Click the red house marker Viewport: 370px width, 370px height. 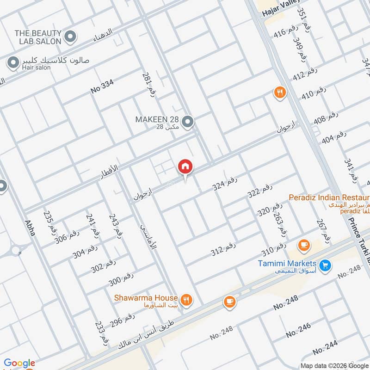(x=185, y=166)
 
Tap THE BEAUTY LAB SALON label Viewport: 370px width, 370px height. (x=38, y=37)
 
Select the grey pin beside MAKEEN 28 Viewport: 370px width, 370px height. (x=187, y=122)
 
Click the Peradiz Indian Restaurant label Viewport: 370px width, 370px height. (x=328, y=197)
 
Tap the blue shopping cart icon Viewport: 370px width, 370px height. (x=325, y=265)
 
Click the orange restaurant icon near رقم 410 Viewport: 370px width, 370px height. (x=279, y=92)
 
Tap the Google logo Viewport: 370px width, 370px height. (x=19, y=364)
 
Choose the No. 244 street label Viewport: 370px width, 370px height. (x=324, y=347)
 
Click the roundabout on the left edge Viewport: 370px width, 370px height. (x=16, y=250)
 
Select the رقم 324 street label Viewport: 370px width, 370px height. (x=225, y=185)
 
